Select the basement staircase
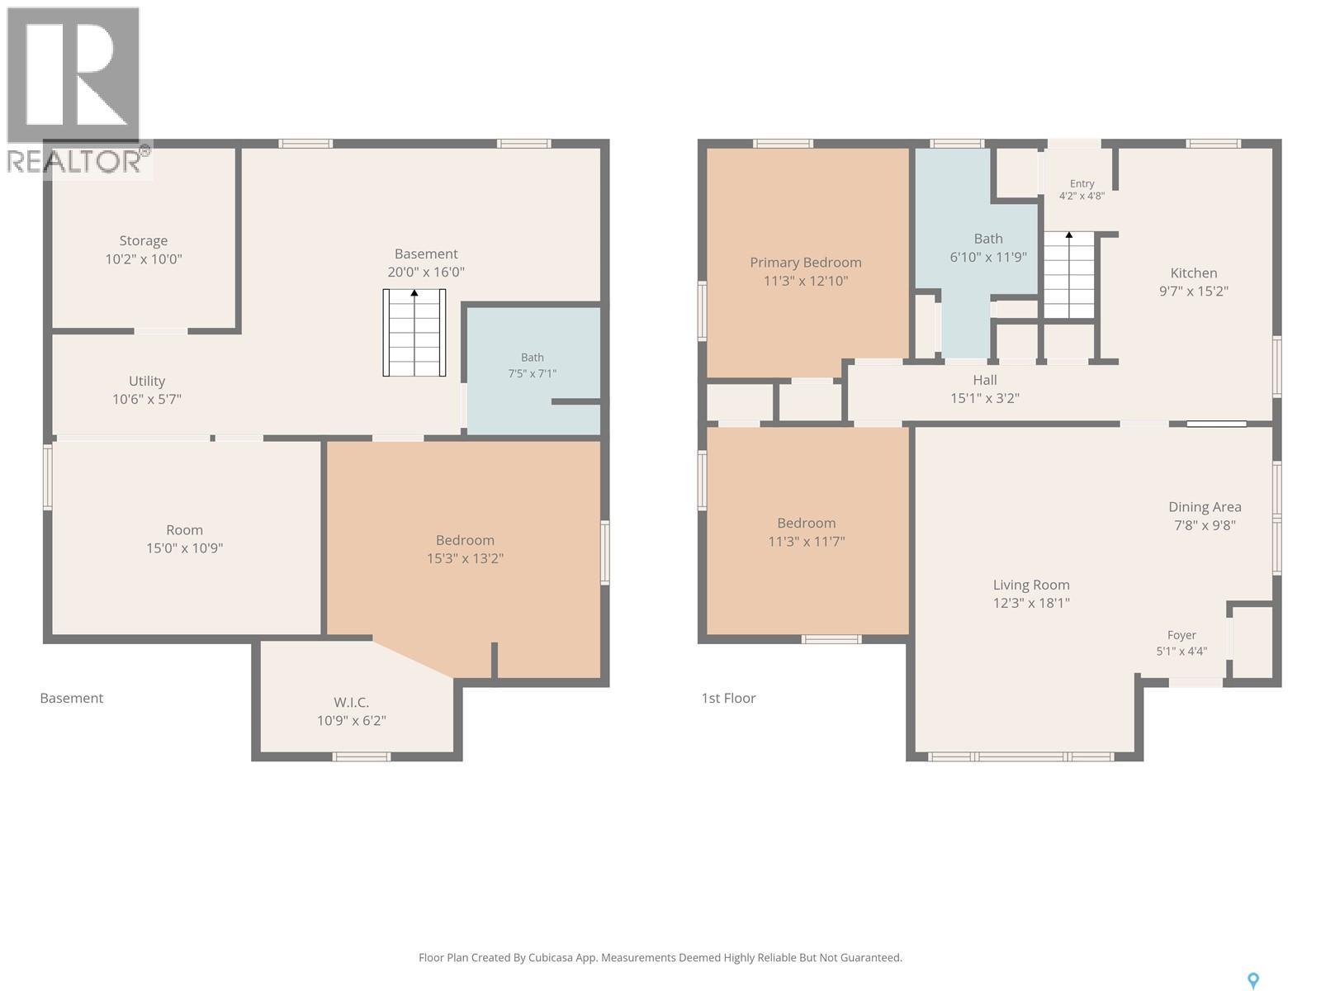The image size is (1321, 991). tap(414, 333)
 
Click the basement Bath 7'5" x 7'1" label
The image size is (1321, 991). tap(532, 365)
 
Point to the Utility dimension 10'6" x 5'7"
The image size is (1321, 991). tap(147, 399)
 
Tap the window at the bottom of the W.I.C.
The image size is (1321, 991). tap(361, 756)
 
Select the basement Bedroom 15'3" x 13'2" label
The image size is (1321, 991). tap(465, 549)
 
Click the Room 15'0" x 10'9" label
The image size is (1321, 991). tap(185, 539)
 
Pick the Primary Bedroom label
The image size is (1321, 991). tap(806, 263)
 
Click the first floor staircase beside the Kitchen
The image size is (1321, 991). tap(1069, 275)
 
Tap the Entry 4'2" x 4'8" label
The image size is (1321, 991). tap(1082, 190)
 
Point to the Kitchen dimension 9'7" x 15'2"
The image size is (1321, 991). tap(1194, 292)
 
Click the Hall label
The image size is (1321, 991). tap(985, 380)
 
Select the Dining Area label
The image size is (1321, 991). tap(1205, 507)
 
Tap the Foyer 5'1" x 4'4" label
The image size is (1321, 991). tap(1182, 642)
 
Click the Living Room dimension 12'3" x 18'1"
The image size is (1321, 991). tap(1031, 603)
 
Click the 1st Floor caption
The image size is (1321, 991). tap(728, 698)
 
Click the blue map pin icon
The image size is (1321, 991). tap(1253, 981)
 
